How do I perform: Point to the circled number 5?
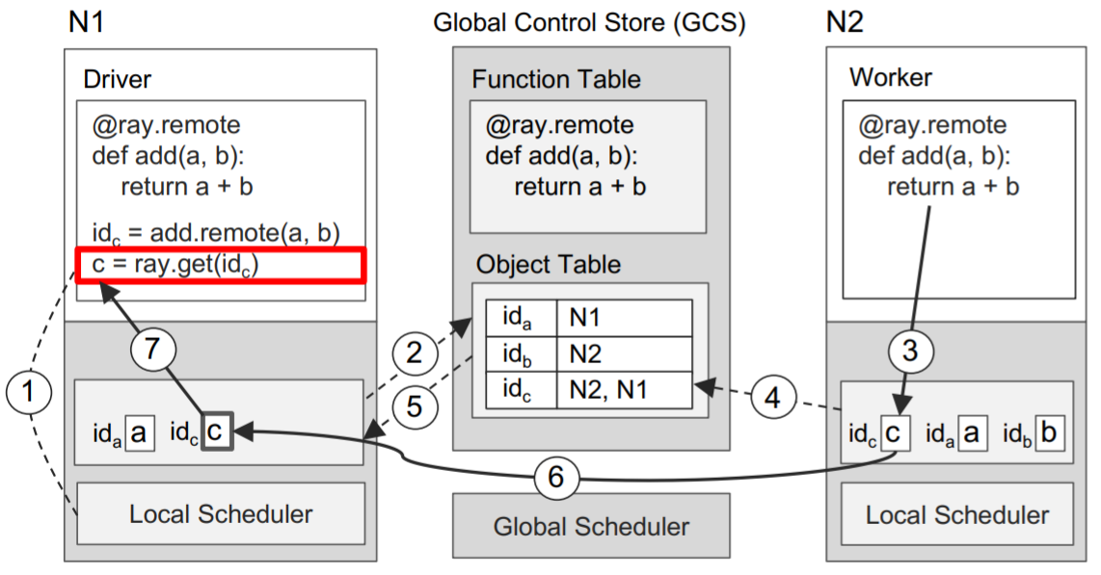[414, 405]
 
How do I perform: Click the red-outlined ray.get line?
[221, 265]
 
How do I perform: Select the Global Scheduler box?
[591, 527]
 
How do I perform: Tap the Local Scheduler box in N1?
[221, 513]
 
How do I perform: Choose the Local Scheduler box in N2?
[957, 514]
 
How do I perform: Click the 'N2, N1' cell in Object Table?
[624, 390]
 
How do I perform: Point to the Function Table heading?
[556, 79]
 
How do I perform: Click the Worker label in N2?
[890, 77]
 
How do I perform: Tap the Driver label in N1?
[118, 77]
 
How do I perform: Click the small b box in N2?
[1047, 432]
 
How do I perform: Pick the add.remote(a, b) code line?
[216, 231]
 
